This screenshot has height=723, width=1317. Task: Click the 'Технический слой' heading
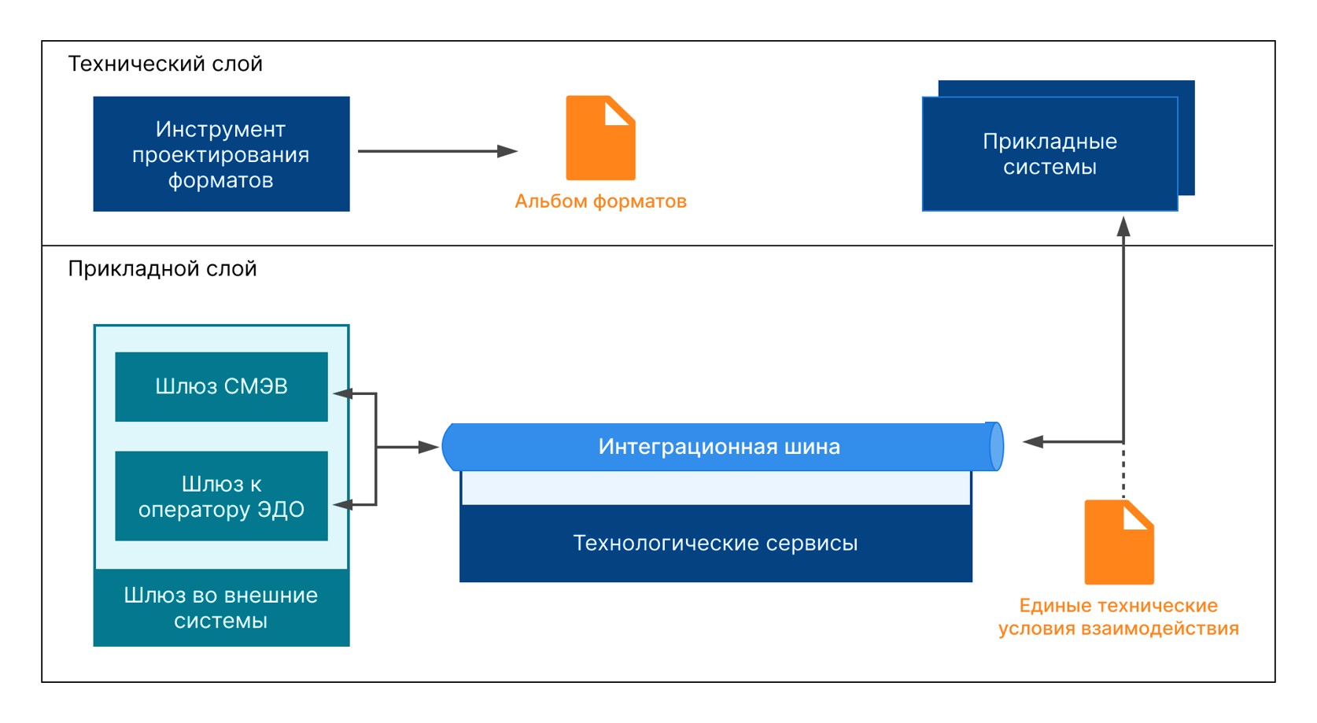click(165, 64)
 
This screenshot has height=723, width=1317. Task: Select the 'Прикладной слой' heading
click(162, 269)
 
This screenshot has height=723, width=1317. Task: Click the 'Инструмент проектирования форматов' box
click(221, 154)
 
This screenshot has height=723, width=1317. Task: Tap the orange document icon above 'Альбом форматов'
click(599, 138)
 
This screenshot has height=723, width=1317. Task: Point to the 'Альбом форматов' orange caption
click(600, 201)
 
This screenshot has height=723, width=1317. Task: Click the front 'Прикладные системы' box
click(1049, 154)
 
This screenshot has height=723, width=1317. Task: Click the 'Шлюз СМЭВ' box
click(221, 386)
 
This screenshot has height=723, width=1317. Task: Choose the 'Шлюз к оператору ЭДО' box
click(221, 496)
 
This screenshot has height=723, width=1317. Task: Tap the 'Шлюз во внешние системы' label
click(221, 608)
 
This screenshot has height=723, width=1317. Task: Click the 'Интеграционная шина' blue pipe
click(719, 447)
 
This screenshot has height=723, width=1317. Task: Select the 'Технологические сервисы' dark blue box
click(715, 544)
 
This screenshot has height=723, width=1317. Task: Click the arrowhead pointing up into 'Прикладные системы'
click(1123, 227)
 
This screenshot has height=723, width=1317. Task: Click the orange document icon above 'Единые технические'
click(1118, 543)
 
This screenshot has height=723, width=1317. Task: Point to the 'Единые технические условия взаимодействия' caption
click(1118, 617)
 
